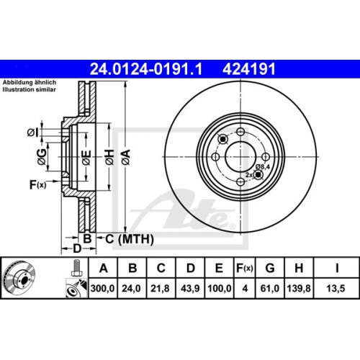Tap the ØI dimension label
(32, 131)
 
